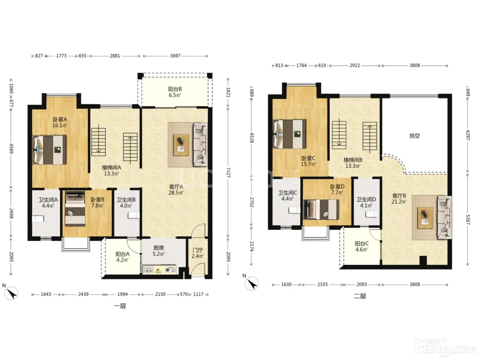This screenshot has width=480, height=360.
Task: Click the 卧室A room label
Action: pos(60,119)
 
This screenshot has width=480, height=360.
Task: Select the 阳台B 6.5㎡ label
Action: pos(175,92)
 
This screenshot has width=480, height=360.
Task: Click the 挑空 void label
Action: pos(415,136)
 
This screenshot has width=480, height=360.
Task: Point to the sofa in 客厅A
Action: pos(200,145)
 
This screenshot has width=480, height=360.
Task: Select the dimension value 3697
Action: pos(176,56)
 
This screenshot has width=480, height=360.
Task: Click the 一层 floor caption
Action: pos(120,306)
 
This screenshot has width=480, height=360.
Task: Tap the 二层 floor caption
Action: pos(360,296)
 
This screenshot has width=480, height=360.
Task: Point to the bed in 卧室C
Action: pos(289,134)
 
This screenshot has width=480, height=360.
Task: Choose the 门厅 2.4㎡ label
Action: pos(198,253)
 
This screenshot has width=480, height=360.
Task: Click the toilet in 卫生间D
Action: pos(372,214)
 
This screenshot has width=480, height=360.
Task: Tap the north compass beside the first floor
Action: pos(11,293)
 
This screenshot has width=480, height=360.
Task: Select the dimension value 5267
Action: pos(468,219)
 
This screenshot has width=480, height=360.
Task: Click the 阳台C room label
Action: pos(361,243)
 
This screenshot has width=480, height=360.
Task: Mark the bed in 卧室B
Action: pos(75,209)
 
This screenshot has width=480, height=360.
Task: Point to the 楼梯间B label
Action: pos(353,160)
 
